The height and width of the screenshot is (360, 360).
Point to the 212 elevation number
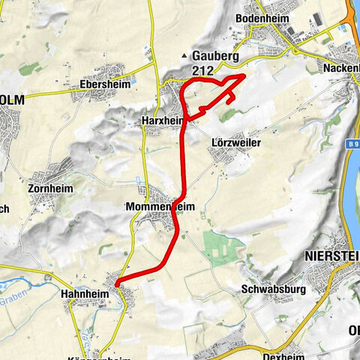pos(201,70)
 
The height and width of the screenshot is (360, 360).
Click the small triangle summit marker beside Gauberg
pos(184,56)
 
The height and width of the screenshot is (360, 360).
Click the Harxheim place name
pos(162,119)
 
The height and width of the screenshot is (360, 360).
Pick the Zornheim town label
pos(50,188)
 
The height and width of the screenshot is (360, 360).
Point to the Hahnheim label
pos(84,295)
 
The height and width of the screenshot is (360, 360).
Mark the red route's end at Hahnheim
pos(118,283)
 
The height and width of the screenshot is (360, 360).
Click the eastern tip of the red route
pos(245,76)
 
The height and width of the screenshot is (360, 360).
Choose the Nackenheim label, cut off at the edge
pos(342,67)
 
